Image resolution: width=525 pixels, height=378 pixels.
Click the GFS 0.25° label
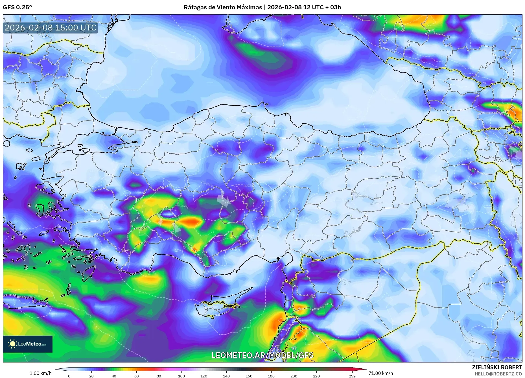[x=17, y=7]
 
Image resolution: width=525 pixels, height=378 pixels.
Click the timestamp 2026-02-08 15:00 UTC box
[x=51, y=28]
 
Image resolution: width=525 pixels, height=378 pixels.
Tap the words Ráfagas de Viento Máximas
[x=223, y=7]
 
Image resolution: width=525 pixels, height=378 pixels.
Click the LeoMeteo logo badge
[x=28, y=344]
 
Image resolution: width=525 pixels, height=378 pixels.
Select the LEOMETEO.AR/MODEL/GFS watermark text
[x=262, y=355]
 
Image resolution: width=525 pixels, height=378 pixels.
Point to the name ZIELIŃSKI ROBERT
[x=497, y=367]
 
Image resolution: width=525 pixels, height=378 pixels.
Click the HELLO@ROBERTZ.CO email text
[x=498, y=374]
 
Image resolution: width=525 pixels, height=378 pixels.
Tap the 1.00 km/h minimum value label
[x=40, y=373]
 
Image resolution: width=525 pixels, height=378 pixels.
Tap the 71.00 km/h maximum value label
[x=380, y=373]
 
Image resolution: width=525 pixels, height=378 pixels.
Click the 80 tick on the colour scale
[x=159, y=376]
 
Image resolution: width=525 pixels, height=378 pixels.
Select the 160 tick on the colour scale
[x=249, y=376]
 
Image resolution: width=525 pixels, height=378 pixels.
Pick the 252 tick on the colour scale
[x=352, y=376]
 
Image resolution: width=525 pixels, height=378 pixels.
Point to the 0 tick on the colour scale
[x=69, y=376]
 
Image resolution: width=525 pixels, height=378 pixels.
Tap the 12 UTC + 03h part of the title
[x=322, y=7]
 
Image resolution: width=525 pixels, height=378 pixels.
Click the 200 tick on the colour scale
[x=294, y=376]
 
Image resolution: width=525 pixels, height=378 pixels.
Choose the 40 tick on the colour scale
[x=114, y=376]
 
